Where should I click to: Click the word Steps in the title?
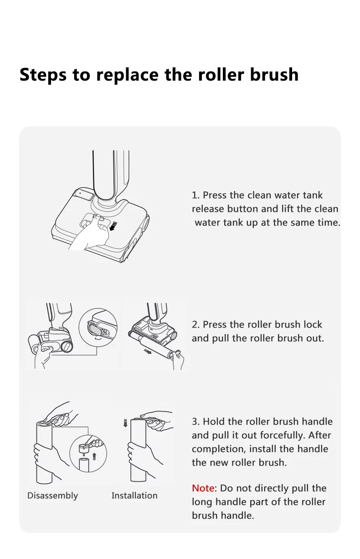tap(43, 75)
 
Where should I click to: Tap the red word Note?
tap(203, 488)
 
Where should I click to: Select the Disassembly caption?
tap(52, 496)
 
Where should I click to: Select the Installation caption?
tap(134, 496)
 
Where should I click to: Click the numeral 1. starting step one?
tap(195, 195)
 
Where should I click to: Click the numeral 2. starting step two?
tap(195, 324)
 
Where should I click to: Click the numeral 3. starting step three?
tap(195, 421)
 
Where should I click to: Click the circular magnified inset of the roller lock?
tap(98, 328)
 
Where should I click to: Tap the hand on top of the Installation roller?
tap(156, 420)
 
